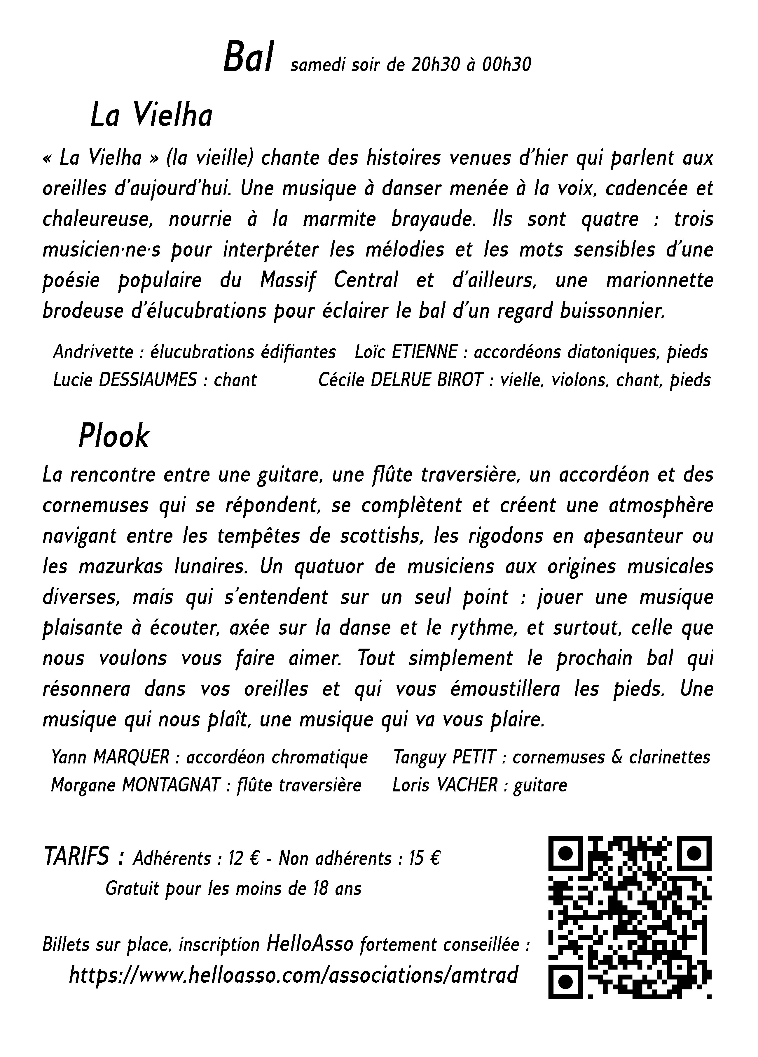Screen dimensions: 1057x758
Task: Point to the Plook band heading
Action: pyautogui.click(x=114, y=437)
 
